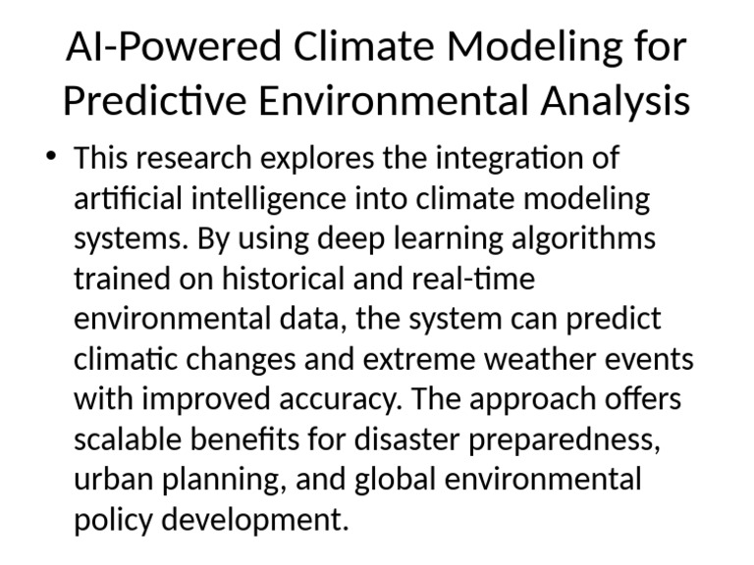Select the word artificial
(x=125, y=199)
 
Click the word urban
(x=111, y=481)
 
